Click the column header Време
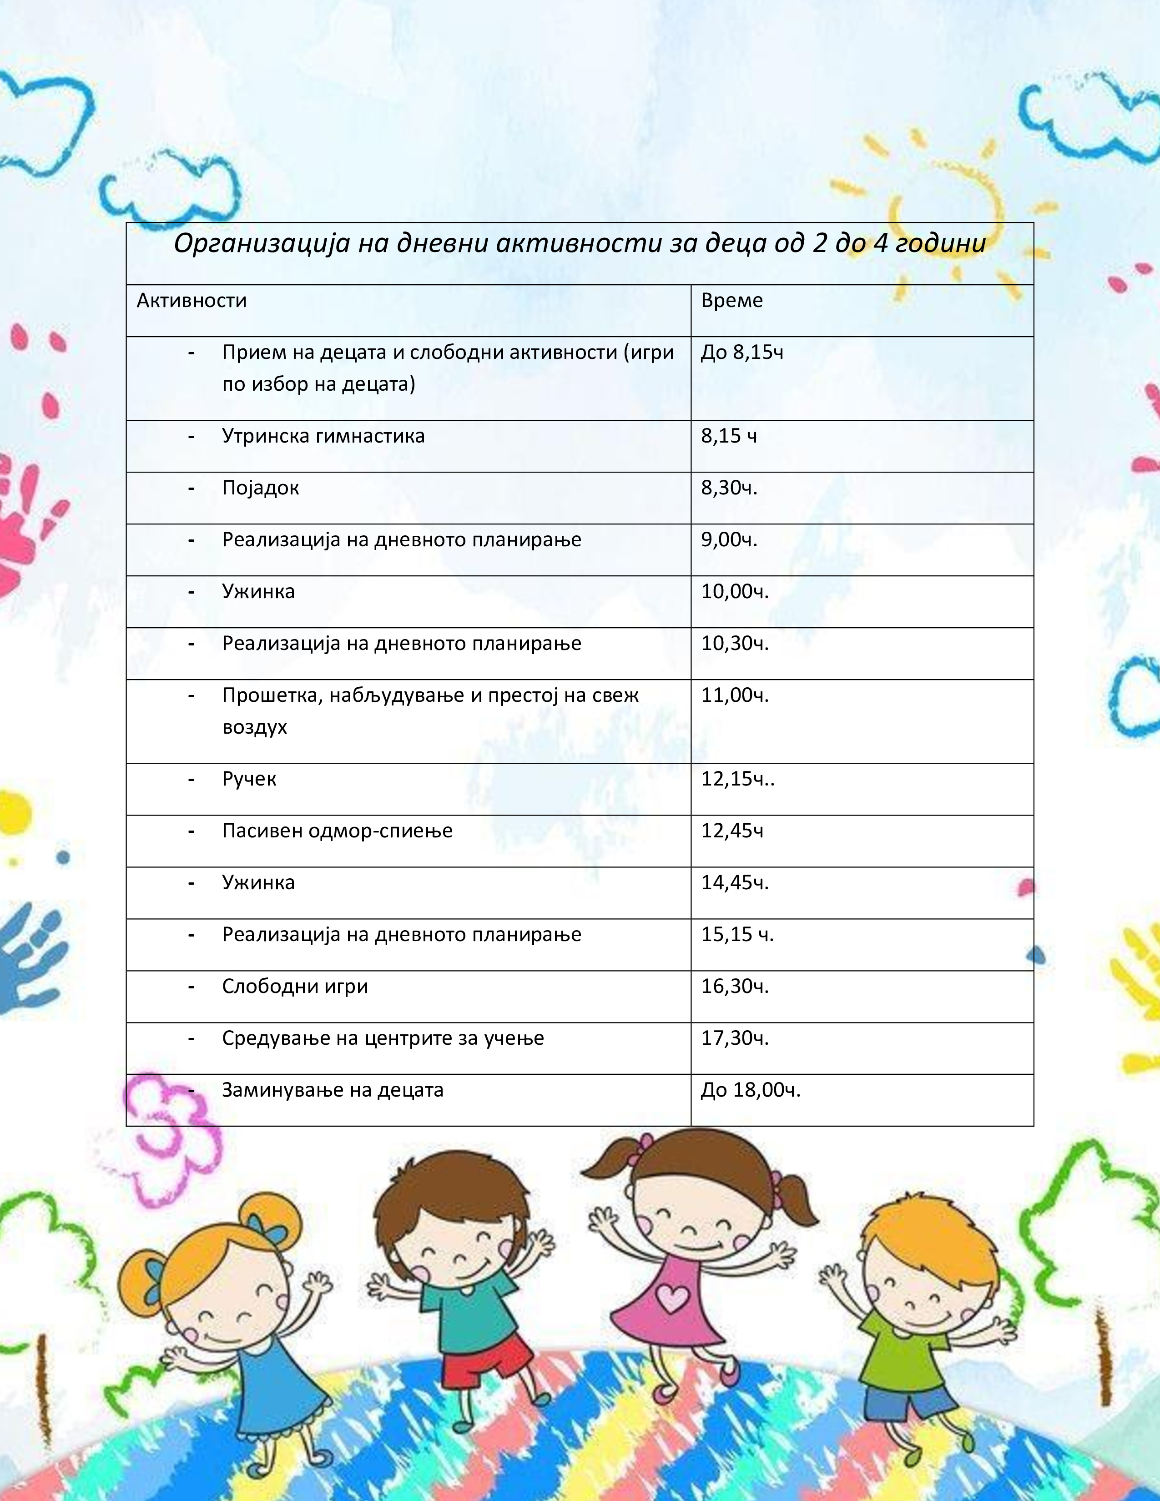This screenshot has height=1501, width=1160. pos(731,300)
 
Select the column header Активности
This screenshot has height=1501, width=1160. pos(191,300)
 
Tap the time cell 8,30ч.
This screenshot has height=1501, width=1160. pos(728,488)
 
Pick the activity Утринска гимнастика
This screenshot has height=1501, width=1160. pos(323,436)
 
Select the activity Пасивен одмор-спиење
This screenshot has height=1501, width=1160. pos(337,831)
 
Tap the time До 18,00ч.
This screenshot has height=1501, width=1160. pos(751,1090)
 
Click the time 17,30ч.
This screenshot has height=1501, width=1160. pos(734,1038)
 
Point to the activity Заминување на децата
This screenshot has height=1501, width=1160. pos(333,1090)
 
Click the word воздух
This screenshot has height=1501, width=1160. pos(254,727)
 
